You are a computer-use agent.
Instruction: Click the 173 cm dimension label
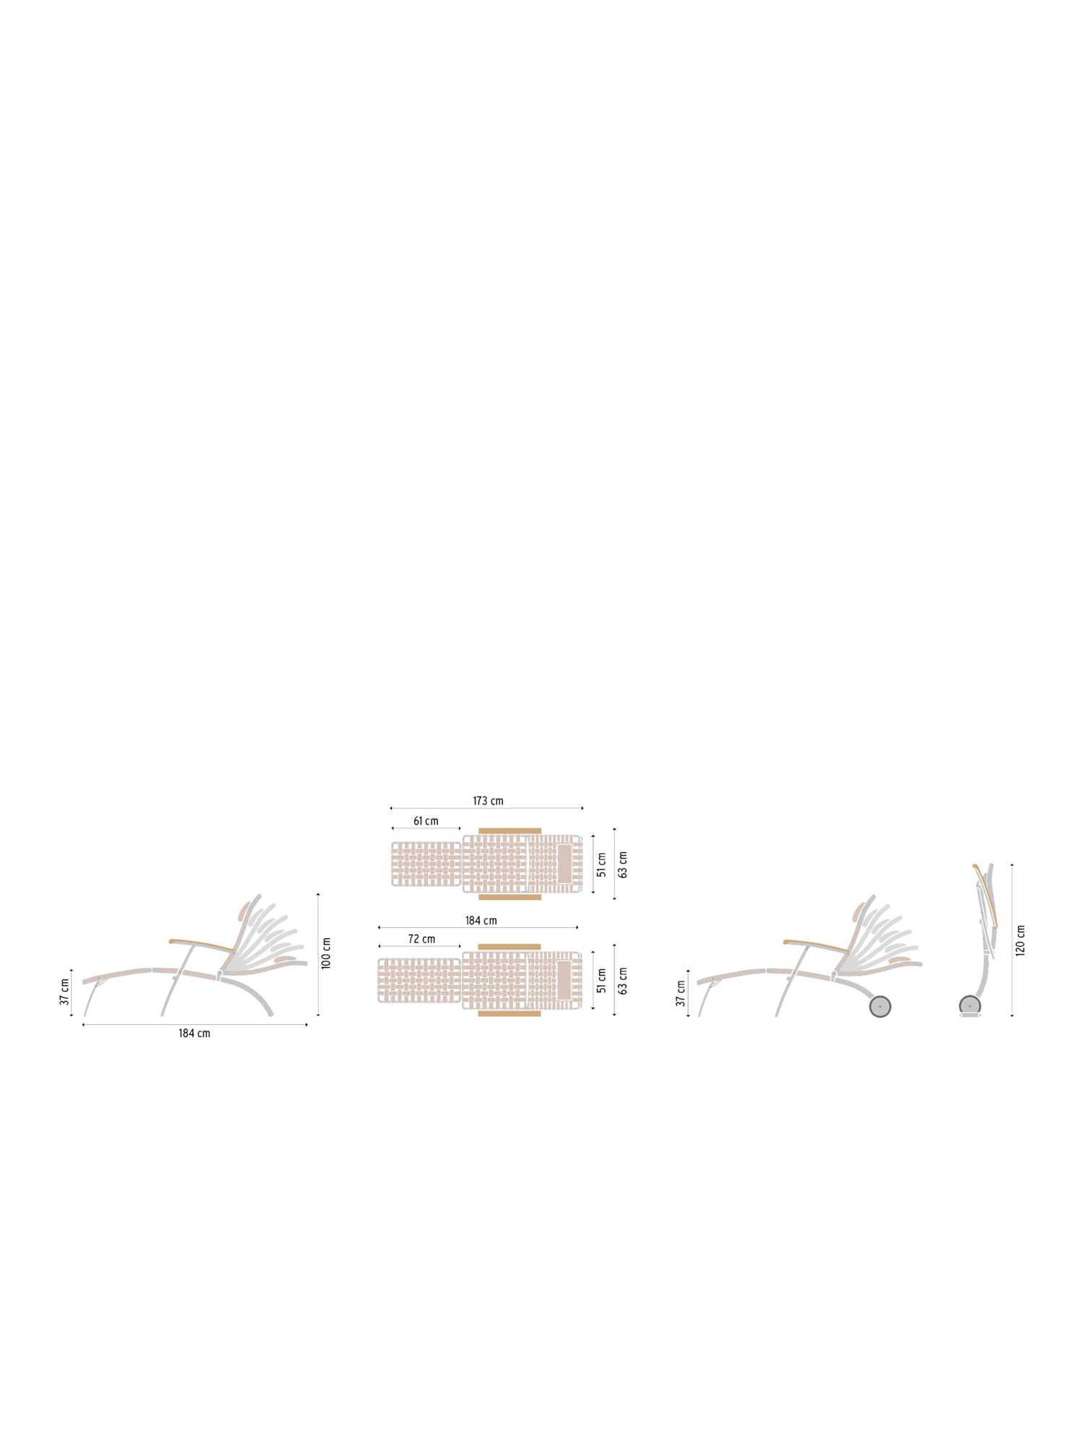(x=488, y=801)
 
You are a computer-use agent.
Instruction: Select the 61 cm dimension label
(x=426, y=821)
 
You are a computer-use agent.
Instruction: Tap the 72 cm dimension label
(x=421, y=939)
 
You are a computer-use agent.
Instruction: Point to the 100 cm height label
(x=326, y=953)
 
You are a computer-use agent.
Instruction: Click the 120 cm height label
(x=1020, y=940)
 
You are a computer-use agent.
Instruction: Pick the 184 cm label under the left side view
(x=194, y=1033)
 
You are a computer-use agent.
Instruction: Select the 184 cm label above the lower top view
(x=481, y=921)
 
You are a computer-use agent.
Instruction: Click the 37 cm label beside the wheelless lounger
(x=64, y=992)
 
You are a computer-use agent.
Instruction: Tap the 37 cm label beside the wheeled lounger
(x=680, y=993)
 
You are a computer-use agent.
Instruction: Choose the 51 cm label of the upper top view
(x=601, y=864)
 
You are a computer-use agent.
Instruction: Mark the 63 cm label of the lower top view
(x=622, y=981)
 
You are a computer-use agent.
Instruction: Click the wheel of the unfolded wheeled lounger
(x=879, y=1006)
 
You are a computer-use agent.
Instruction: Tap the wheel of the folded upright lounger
(x=970, y=1005)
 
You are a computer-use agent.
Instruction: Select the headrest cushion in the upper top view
(x=564, y=864)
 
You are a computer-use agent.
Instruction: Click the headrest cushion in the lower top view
(x=564, y=980)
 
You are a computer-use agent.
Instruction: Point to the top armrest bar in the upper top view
(x=509, y=831)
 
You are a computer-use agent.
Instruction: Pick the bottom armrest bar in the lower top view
(x=509, y=1013)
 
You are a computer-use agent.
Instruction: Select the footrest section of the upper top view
(x=426, y=864)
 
